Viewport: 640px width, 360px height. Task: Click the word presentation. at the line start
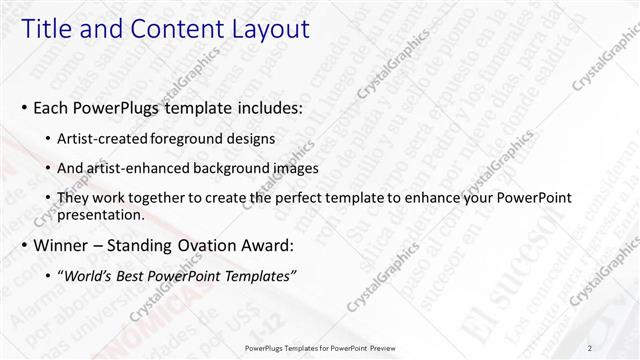[103, 214]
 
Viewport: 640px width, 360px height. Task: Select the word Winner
[59, 245]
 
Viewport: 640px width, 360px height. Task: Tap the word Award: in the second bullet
[263, 245]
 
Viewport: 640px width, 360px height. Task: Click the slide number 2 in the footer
[591, 348]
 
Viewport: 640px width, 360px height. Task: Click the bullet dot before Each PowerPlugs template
[24, 107]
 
